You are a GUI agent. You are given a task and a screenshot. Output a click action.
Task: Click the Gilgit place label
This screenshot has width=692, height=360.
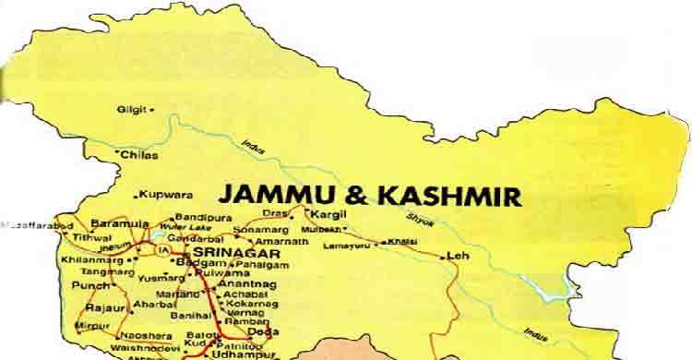point(130,109)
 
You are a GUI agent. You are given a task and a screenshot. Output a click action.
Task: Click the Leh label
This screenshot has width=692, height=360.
point(452,256)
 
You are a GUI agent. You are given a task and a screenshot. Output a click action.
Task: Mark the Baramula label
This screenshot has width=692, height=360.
point(117,222)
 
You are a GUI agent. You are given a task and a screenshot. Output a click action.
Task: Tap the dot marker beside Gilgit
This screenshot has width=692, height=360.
point(152,109)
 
